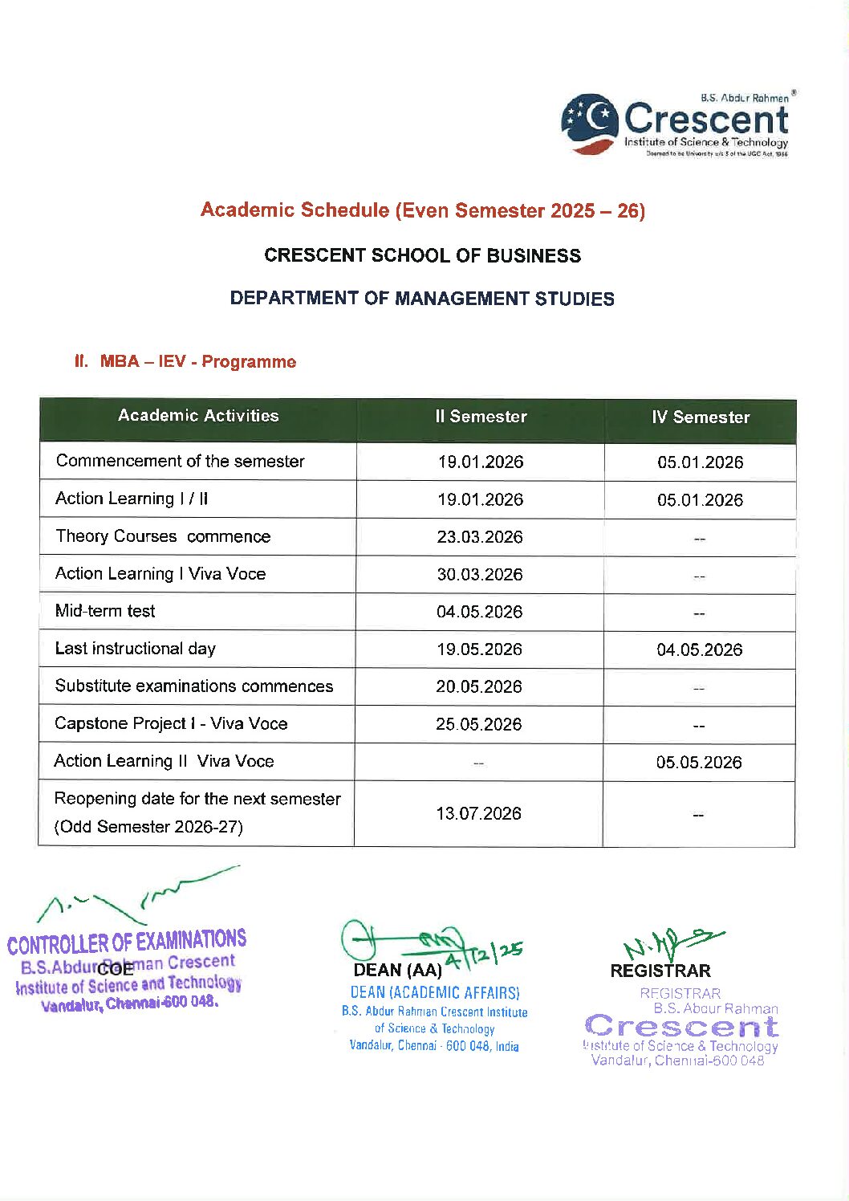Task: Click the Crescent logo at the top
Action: tap(674, 125)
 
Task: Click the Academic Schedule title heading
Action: tap(423, 210)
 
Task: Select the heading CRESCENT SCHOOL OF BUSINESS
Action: tap(423, 256)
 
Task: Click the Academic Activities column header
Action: tap(198, 416)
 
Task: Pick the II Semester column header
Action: tap(481, 417)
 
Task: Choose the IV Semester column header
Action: tap(701, 417)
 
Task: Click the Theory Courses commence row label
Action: tap(163, 536)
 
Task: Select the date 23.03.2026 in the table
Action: tap(480, 537)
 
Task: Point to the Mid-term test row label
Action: tap(105, 611)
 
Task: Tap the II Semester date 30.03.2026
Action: tap(480, 575)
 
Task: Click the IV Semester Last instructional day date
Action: tap(700, 650)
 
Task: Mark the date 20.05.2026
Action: tap(479, 687)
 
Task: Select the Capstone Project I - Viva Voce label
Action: tap(171, 724)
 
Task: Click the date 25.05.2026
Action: tap(479, 725)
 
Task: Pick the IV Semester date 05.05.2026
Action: tap(699, 763)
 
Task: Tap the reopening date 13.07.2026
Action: tap(479, 814)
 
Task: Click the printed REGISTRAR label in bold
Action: tap(660, 971)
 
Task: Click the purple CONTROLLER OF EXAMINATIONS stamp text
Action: tap(127, 942)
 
